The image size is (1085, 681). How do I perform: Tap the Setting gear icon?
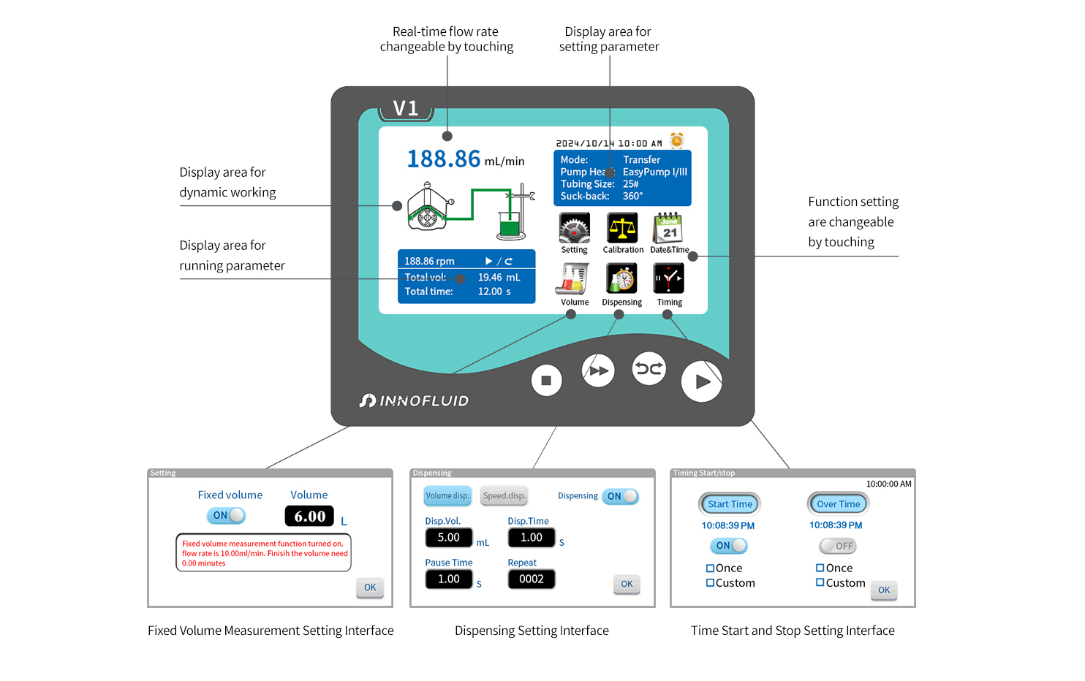(575, 228)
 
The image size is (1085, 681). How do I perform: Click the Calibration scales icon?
(622, 228)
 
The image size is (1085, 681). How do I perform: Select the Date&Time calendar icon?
(668, 228)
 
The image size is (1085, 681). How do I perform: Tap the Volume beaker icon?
(575, 279)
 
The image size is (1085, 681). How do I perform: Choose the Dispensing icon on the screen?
(622, 279)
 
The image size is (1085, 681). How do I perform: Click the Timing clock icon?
(668, 279)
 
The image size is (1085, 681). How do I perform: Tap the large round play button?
(701, 381)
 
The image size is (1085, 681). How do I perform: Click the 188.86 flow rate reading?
(444, 159)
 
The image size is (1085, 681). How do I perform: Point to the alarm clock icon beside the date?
(677, 140)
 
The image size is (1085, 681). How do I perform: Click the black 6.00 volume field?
(309, 516)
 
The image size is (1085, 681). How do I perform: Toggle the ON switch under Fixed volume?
(227, 515)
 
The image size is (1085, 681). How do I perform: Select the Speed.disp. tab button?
(504, 496)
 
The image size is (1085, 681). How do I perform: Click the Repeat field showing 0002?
(532, 579)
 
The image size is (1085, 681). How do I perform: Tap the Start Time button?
(730, 504)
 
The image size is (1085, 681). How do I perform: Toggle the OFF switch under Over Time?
(838, 546)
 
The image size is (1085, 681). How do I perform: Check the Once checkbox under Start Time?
(710, 568)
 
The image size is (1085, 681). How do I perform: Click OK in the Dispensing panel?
(627, 584)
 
